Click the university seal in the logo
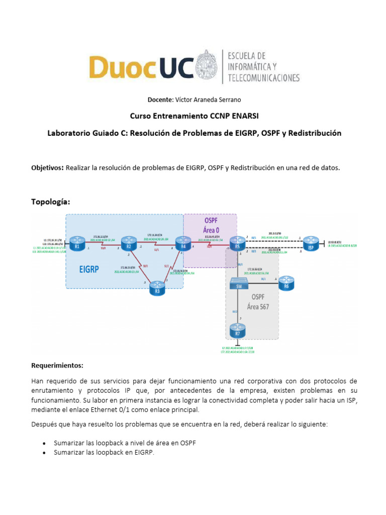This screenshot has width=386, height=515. (x=208, y=65)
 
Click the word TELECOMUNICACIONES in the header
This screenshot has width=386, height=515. (x=264, y=78)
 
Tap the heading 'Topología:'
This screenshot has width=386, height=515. (x=51, y=202)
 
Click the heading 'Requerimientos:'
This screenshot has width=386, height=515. (x=57, y=365)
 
